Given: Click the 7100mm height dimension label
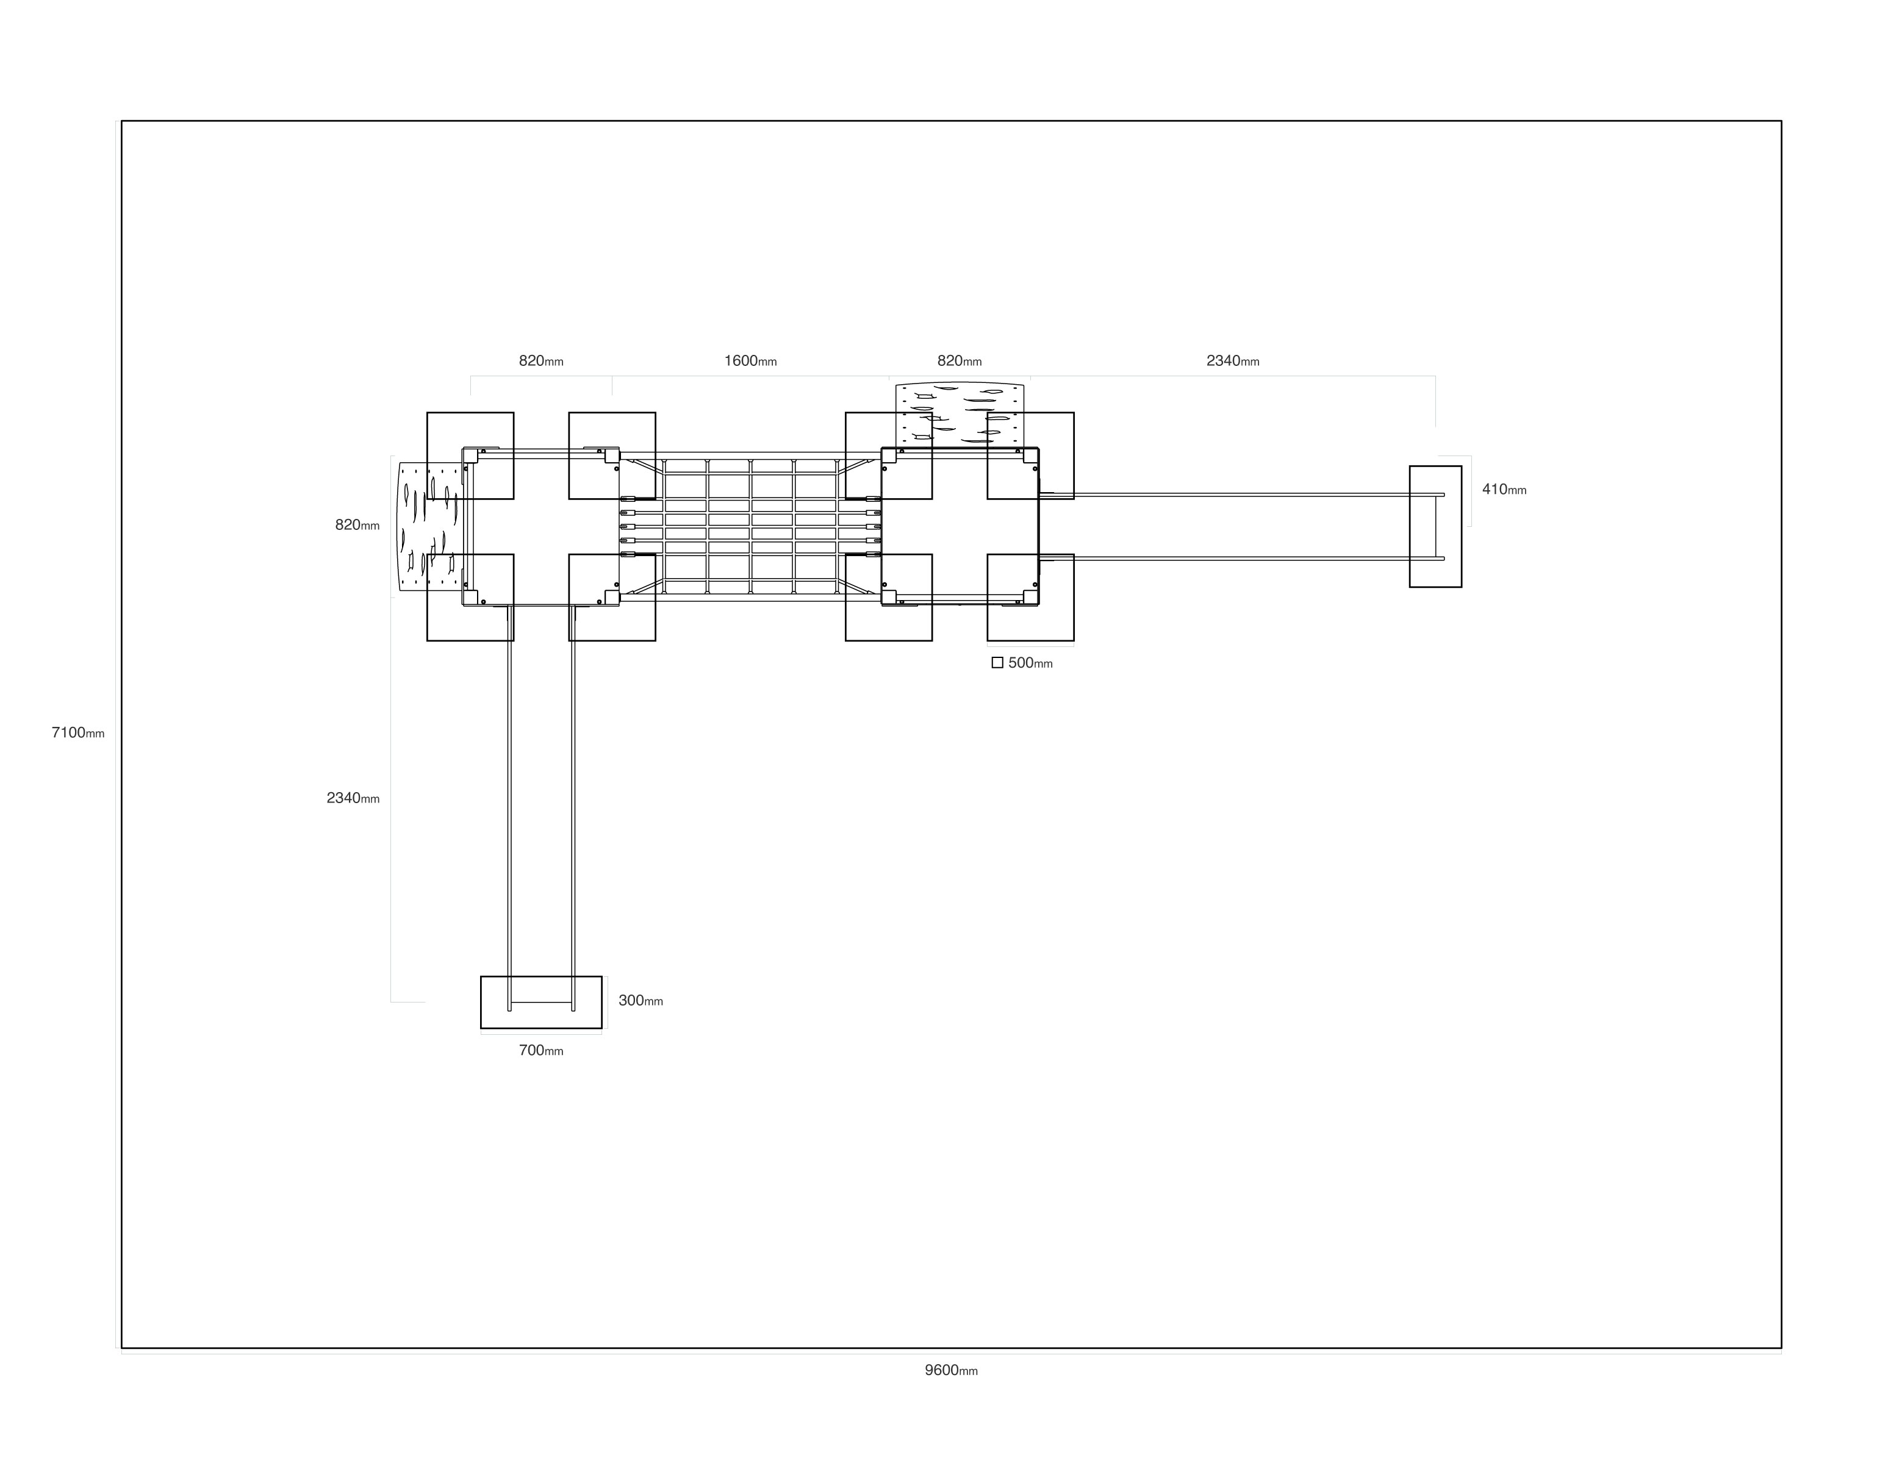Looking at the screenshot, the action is click(77, 733).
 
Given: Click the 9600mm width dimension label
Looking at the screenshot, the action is click(951, 1371).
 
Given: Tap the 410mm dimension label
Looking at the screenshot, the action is click(1504, 490).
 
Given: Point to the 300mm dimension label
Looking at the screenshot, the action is click(641, 1001).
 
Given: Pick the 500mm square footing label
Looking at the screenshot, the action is click(1030, 663).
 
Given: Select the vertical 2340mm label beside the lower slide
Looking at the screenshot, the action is click(353, 798).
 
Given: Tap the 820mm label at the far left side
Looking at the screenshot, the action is click(357, 525).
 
